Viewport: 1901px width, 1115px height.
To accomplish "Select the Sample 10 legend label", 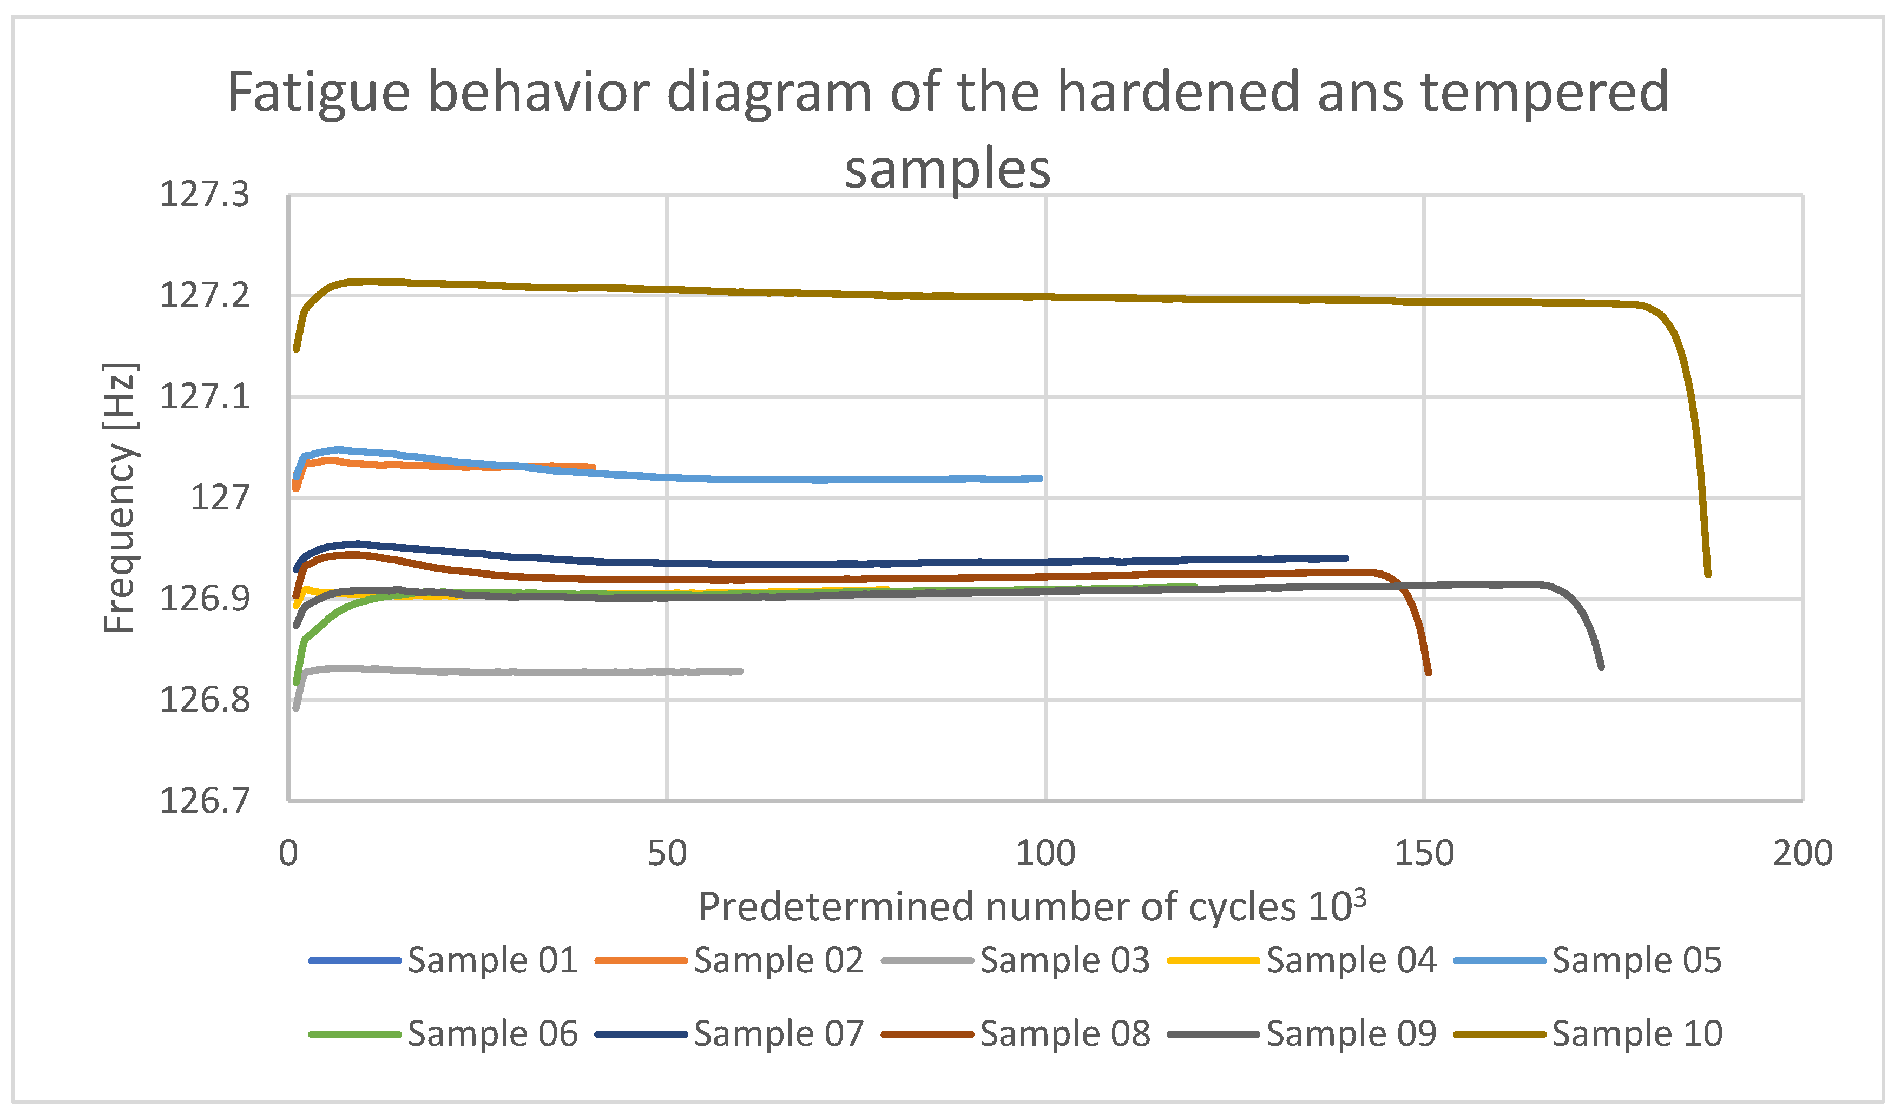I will click(x=1637, y=1033).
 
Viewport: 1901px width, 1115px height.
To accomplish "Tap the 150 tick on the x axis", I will click(x=1424, y=853).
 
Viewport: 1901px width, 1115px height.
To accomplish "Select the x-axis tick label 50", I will click(x=667, y=853).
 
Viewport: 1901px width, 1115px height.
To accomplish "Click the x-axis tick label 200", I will click(x=1802, y=853).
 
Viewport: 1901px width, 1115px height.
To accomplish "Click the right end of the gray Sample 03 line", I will click(x=741, y=671).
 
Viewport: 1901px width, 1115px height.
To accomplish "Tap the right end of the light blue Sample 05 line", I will click(x=1040, y=479).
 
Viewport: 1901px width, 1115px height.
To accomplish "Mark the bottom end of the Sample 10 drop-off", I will click(x=1708, y=574).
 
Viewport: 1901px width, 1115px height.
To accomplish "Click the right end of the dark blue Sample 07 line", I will click(x=1346, y=559).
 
